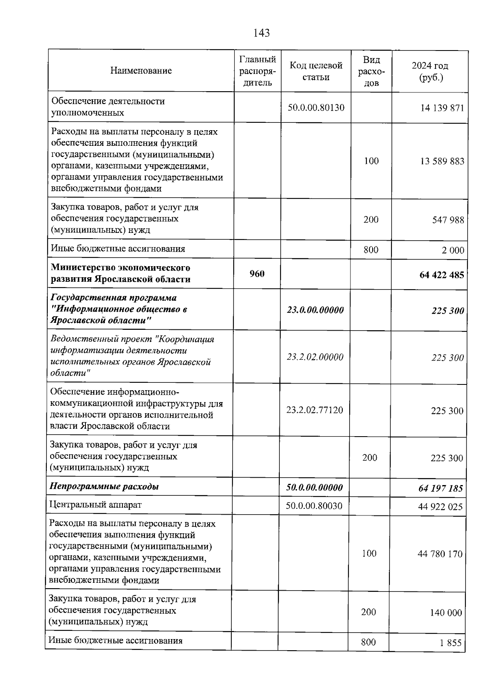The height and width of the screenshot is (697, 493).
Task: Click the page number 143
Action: pyautogui.click(x=262, y=33)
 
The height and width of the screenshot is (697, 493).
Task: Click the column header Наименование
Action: pyautogui.click(x=141, y=71)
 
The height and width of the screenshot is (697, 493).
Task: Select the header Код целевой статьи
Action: pyautogui.click(x=316, y=71)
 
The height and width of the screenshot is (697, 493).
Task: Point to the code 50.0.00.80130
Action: pyautogui.click(x=316, y=108)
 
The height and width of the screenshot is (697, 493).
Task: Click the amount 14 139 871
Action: pyautogui.click(x=442, y=108)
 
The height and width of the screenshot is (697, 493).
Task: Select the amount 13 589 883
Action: pyautogui.click(x=442, y=161)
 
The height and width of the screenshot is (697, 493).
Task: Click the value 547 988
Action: pyautogui.click(x=448, y=220)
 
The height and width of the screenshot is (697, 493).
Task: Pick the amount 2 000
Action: pyautogui.click(x=453, y=250)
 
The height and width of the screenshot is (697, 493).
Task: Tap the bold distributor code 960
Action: pyautogui.click(x=257, y=274)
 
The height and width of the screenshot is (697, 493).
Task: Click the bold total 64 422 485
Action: pyautogui.click(x=441, y=275)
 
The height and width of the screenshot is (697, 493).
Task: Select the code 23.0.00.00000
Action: pyautogui.click(x=315, y=310)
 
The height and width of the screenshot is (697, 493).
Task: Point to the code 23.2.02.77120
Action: pyautogui.click(x=315, y=410)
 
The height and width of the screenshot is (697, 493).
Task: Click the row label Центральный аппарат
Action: pyautogui.click(x=95, y=505)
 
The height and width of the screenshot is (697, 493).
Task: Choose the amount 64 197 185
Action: pyautogui.click(x=440, y=488)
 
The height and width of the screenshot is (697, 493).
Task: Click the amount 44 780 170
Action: pyautogui.click(x=440, y=554)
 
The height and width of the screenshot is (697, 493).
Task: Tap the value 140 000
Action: pyautogui.click(x=446, y=613)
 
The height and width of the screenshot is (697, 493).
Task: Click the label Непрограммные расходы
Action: pyautogui.click(x=104, y=487)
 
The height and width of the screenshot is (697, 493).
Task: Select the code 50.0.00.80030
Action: pyautogui.click(x=314, y=506)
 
